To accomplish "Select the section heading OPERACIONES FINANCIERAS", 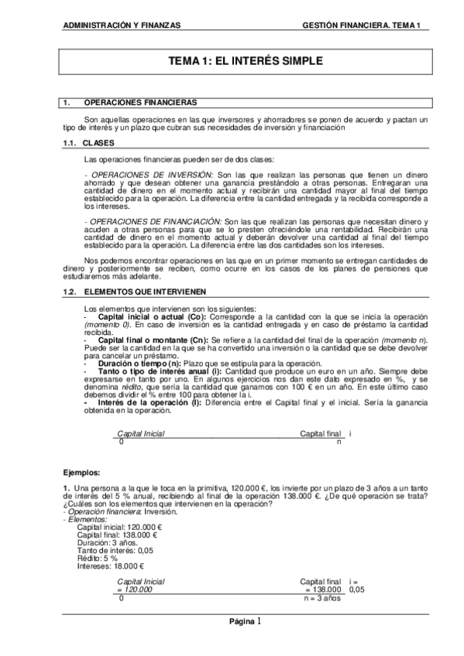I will pyautogui.click(x=139, y=102).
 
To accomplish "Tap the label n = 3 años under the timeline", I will pyautogui.click(x=322, y=599).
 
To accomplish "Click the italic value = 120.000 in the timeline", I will pyautogui.click(x=134, y=589).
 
